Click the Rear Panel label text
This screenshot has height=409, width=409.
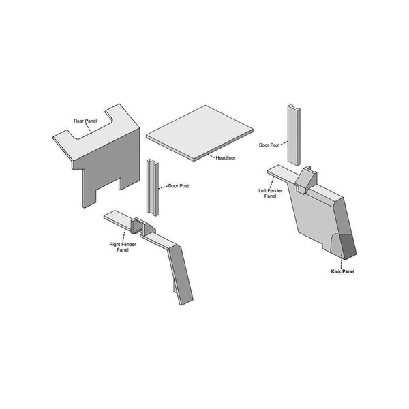coord(85,121)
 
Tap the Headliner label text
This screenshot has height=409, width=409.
coord(226,158)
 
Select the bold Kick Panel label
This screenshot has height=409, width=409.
coord(343,271)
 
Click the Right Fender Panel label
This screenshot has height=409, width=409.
coord(123,247)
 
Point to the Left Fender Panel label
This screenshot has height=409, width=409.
coord(270,194)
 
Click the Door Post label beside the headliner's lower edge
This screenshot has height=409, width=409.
coord(179,186)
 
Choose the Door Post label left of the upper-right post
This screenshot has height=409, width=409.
coord(269,145)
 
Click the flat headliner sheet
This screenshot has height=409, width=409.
coord(200,132)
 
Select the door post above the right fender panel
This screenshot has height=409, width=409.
coord(153,188)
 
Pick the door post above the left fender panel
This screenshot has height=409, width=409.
coord(294,134)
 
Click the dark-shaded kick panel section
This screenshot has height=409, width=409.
coord(348,246)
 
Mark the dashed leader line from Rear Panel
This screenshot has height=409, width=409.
coord(89,128)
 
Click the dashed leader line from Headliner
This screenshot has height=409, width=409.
coord(211,156)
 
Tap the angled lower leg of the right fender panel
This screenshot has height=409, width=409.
coord(180,275)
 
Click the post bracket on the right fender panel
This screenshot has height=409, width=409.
coord(142,226)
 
